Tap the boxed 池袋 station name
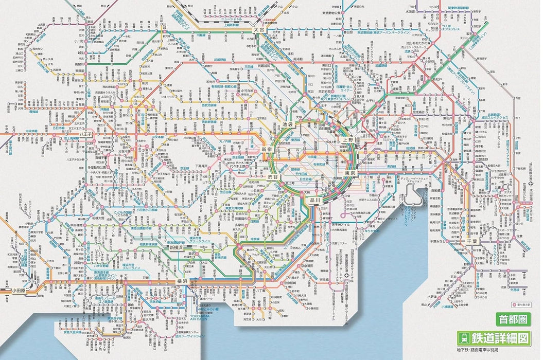coord(287,124)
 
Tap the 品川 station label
coord(314,201)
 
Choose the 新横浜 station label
coord(177,247)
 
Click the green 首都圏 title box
coord(512,319)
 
